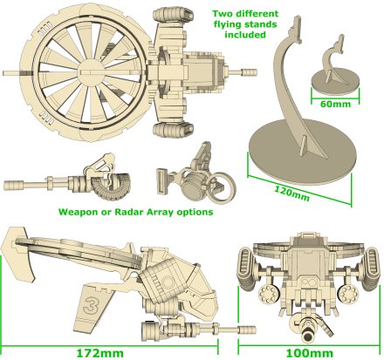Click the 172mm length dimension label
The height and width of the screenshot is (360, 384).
[x=99, y=353]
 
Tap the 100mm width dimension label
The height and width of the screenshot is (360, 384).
[x=310, y=353]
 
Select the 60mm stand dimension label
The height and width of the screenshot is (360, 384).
[x=335, y=104]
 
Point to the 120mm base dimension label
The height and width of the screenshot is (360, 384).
[x=291, y=194]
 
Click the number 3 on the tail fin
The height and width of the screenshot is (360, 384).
[x=90, y=306]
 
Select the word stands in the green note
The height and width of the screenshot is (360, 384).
[x=261, y=24]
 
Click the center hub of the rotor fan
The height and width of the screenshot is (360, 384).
[x=93, y=71]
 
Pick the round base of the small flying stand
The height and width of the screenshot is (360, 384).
[x=335, y=82]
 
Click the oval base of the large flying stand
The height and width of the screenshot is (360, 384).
[x=303, y=152]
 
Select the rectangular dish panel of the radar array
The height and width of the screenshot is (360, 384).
[x=161, y=181]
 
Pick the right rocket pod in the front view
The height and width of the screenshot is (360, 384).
[x=347, y=295]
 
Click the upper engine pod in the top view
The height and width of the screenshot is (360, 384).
[x=173, y=15]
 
